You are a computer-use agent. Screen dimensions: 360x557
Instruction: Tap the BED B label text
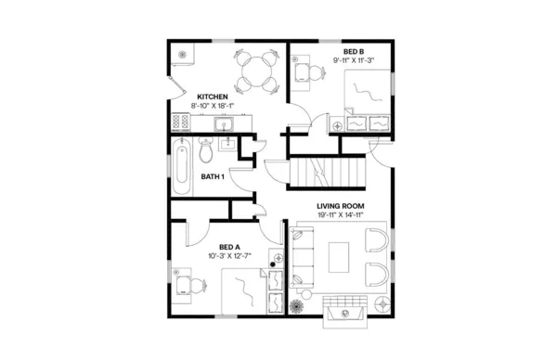[x=353, y=51]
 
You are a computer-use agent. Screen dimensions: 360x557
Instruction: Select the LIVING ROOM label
[x=340, y=205]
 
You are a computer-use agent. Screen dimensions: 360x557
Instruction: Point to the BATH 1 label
[x=213, y=176]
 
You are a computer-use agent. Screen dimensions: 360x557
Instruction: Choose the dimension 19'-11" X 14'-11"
[x=340, y=215]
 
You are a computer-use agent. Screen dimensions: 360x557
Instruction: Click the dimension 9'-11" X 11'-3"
[x=353, y=61]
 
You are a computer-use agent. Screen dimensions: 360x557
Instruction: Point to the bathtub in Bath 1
[x=182, y=167]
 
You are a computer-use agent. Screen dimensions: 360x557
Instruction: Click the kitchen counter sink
[x=230, y=122]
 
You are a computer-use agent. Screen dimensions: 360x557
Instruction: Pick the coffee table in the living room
[x=337, y=257]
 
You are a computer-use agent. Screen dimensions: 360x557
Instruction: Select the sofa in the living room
[x=302, y=257]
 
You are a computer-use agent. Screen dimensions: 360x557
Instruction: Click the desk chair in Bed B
[x=302, y=72]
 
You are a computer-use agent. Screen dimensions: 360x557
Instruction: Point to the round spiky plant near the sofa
[x=297, y=306]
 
